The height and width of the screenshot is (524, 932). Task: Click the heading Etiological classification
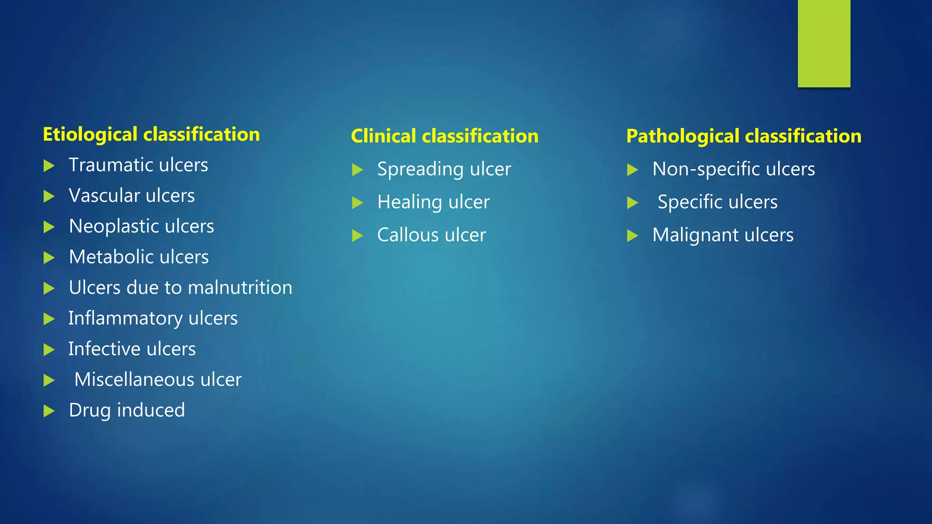151,135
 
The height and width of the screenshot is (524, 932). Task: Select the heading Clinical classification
445,136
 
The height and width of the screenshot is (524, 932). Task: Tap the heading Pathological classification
744,136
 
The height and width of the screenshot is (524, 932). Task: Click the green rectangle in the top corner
824,43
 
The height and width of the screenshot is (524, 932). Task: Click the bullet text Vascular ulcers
132,196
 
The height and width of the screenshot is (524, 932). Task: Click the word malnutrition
240,288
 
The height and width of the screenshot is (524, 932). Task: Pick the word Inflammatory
126,318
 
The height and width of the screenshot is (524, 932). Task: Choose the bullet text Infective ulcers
132,349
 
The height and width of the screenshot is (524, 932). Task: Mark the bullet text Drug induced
127,410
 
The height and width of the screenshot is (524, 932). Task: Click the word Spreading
420,170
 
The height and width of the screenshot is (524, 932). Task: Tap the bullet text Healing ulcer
433,202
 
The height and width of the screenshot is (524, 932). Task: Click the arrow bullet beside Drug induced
49,411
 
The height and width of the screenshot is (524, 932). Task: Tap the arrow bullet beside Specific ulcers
632,203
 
